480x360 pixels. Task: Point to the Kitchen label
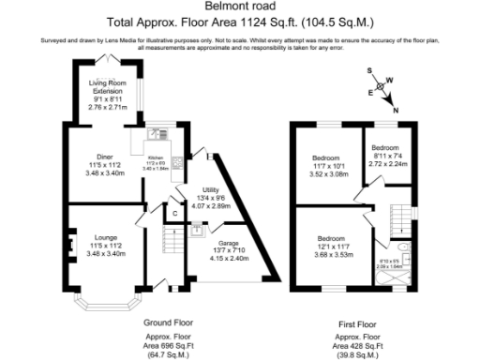(157, 161)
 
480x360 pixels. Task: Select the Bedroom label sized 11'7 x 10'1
(327, 157)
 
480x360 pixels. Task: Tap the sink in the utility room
(198, 228)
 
